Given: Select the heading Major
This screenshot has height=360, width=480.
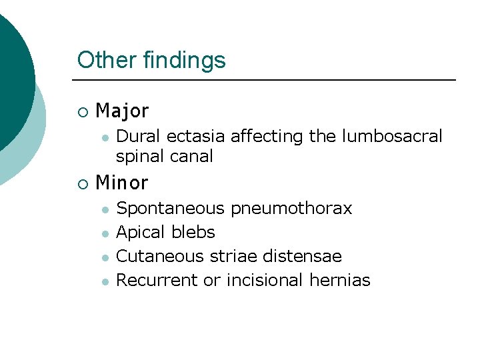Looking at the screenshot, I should (122, 110).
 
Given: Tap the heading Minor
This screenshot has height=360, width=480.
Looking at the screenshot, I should (122, 181).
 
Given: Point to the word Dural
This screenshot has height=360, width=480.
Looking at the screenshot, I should (139, 136).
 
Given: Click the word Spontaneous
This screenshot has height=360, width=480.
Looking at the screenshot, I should (171, 209).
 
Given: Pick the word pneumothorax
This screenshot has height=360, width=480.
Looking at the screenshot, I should (291, 209).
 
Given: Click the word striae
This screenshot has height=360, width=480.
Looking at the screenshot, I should (230, 256).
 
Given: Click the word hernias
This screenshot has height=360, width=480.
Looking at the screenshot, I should (340, 280).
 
